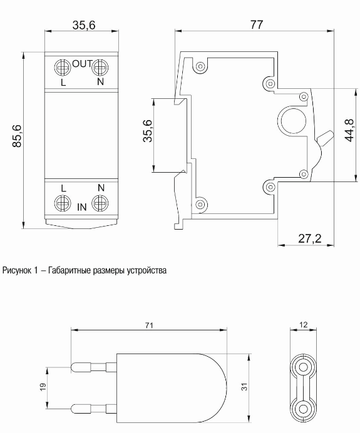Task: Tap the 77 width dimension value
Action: coord(257,25)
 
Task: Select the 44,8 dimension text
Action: coord(349,130)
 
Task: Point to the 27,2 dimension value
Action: coord(310,238)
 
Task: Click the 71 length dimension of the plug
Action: coord(149,325)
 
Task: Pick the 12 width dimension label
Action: coord(304,325)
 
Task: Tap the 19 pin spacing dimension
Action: coord(43,387)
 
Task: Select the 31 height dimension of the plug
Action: coord(245,387)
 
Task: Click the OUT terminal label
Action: coord(82,64)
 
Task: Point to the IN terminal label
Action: coord(82,207)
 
